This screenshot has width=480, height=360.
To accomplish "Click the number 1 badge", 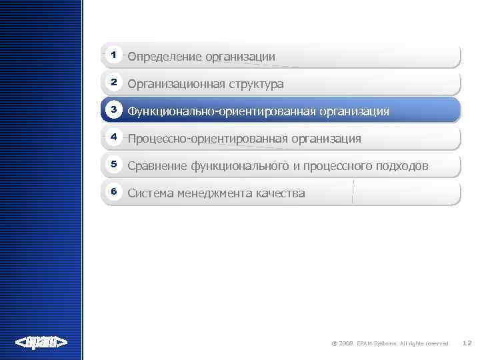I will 114,54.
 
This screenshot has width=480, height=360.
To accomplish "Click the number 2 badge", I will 114,82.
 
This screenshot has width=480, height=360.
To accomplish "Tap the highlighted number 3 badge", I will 114,109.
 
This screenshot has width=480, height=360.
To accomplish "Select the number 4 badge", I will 114,137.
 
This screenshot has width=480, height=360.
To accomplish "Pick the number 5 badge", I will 114,164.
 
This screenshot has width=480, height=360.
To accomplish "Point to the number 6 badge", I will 114,191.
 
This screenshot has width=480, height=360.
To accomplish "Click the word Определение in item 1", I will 165,57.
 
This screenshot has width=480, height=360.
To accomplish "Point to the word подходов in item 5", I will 401,166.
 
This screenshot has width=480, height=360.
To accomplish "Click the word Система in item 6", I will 150,193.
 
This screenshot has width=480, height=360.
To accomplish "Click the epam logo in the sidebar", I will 41,343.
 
